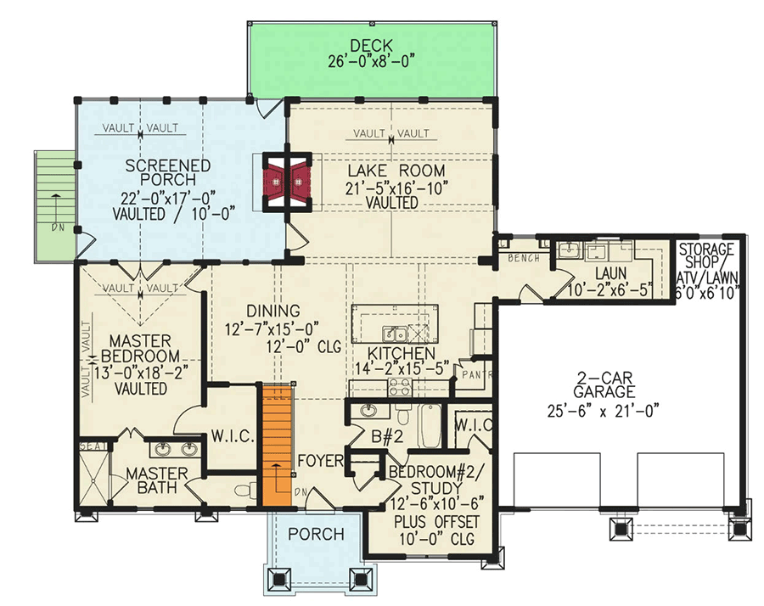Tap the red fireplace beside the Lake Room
(288, 180)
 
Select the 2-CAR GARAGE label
(604, 384)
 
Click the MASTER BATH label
(156, 480)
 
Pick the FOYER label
(320, 461)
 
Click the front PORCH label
(315, 534)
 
